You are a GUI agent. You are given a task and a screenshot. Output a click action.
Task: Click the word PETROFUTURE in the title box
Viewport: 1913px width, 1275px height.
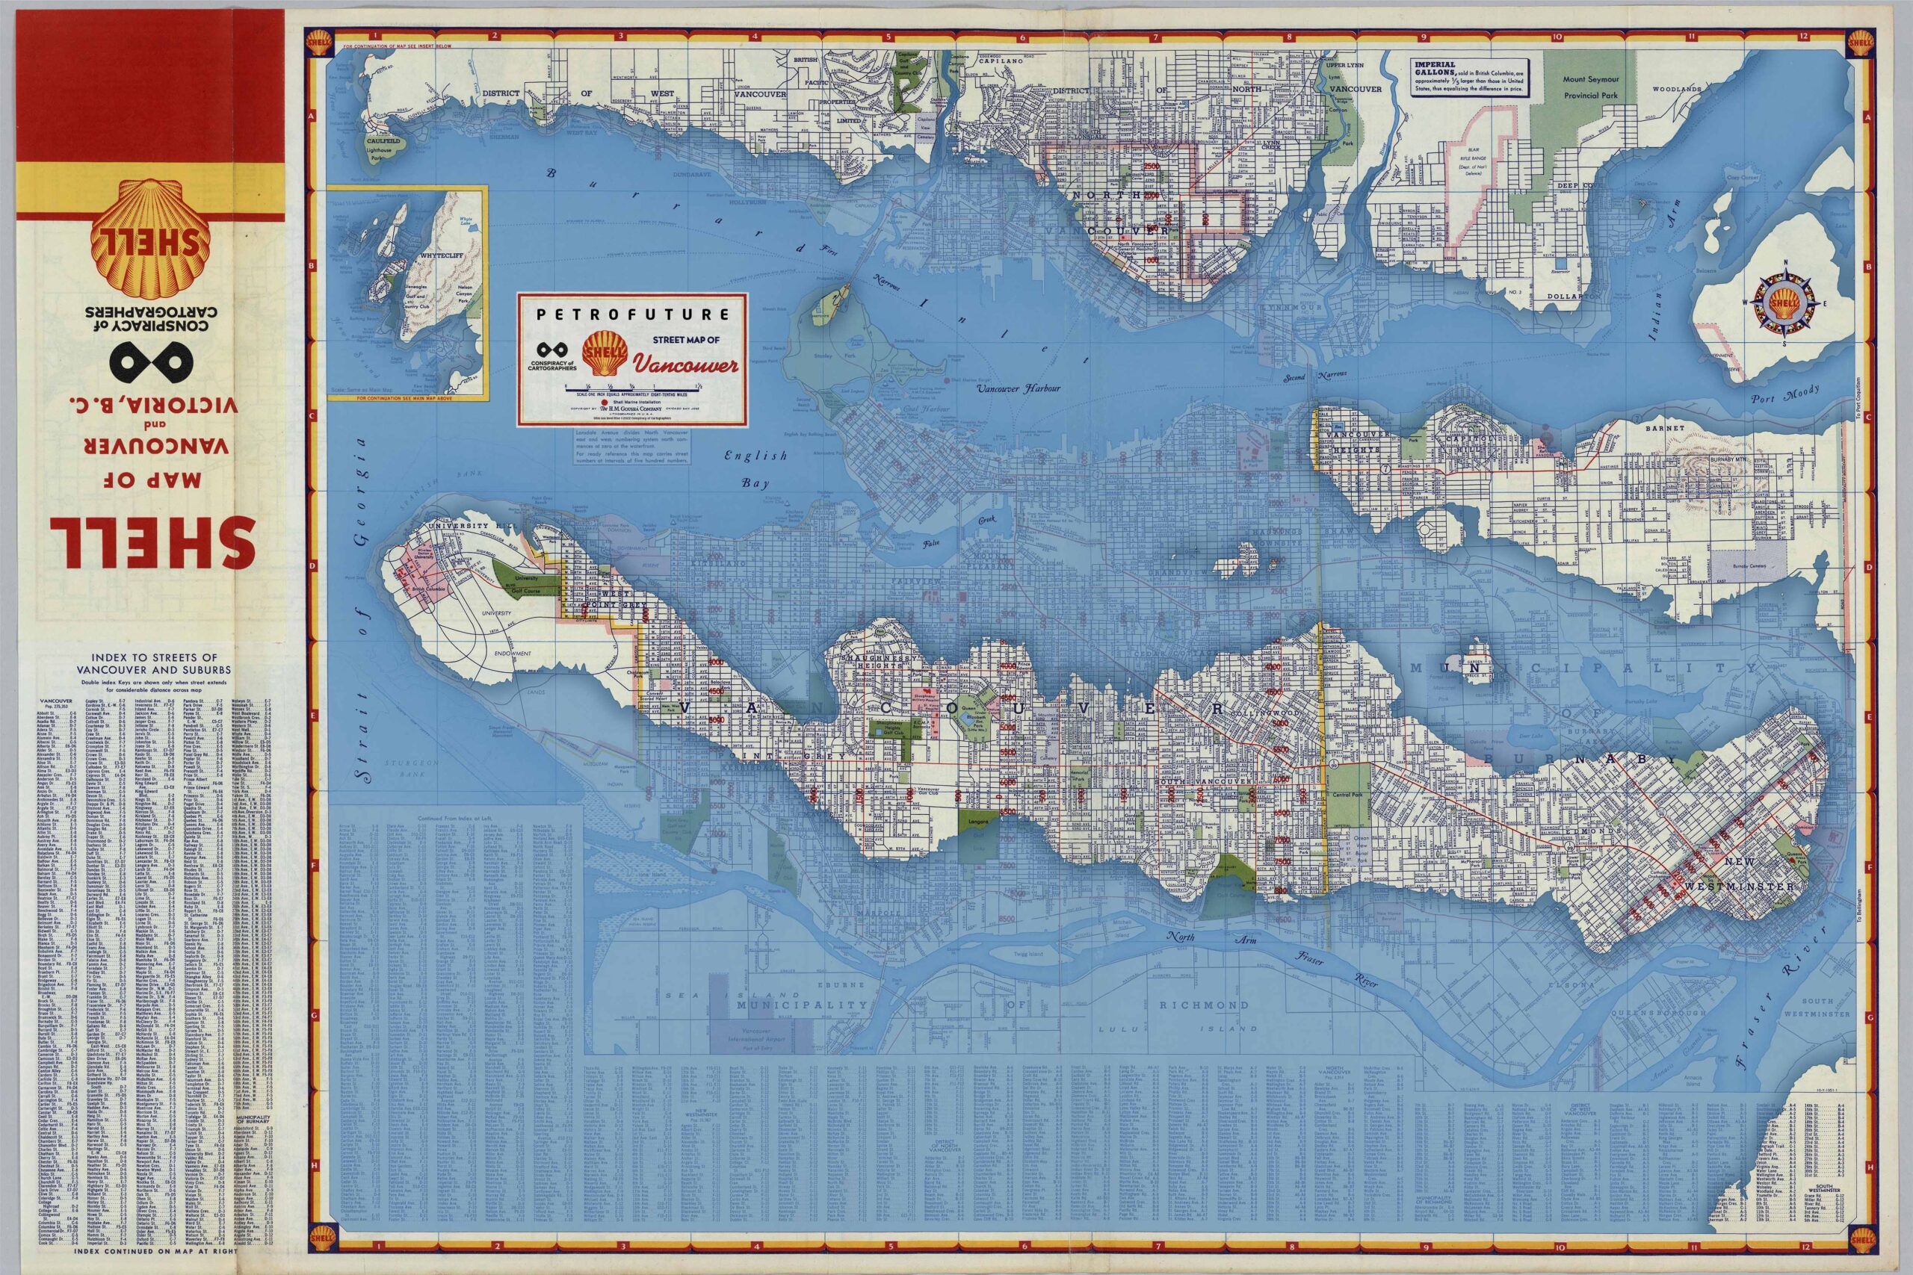tap(632, 314)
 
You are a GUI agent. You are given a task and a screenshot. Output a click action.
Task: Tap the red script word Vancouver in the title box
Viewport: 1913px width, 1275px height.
tap(686, 365)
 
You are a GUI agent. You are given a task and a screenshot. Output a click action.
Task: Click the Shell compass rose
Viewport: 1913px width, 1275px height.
tap(1786, 303)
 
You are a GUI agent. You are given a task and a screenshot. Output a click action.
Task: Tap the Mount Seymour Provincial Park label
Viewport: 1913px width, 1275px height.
tap(1590, 87)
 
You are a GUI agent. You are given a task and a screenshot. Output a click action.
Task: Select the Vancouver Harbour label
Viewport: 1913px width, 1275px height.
tap(1019, 388)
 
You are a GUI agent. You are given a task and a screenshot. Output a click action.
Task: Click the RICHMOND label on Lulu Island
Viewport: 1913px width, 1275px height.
tap(1193, 1005)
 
